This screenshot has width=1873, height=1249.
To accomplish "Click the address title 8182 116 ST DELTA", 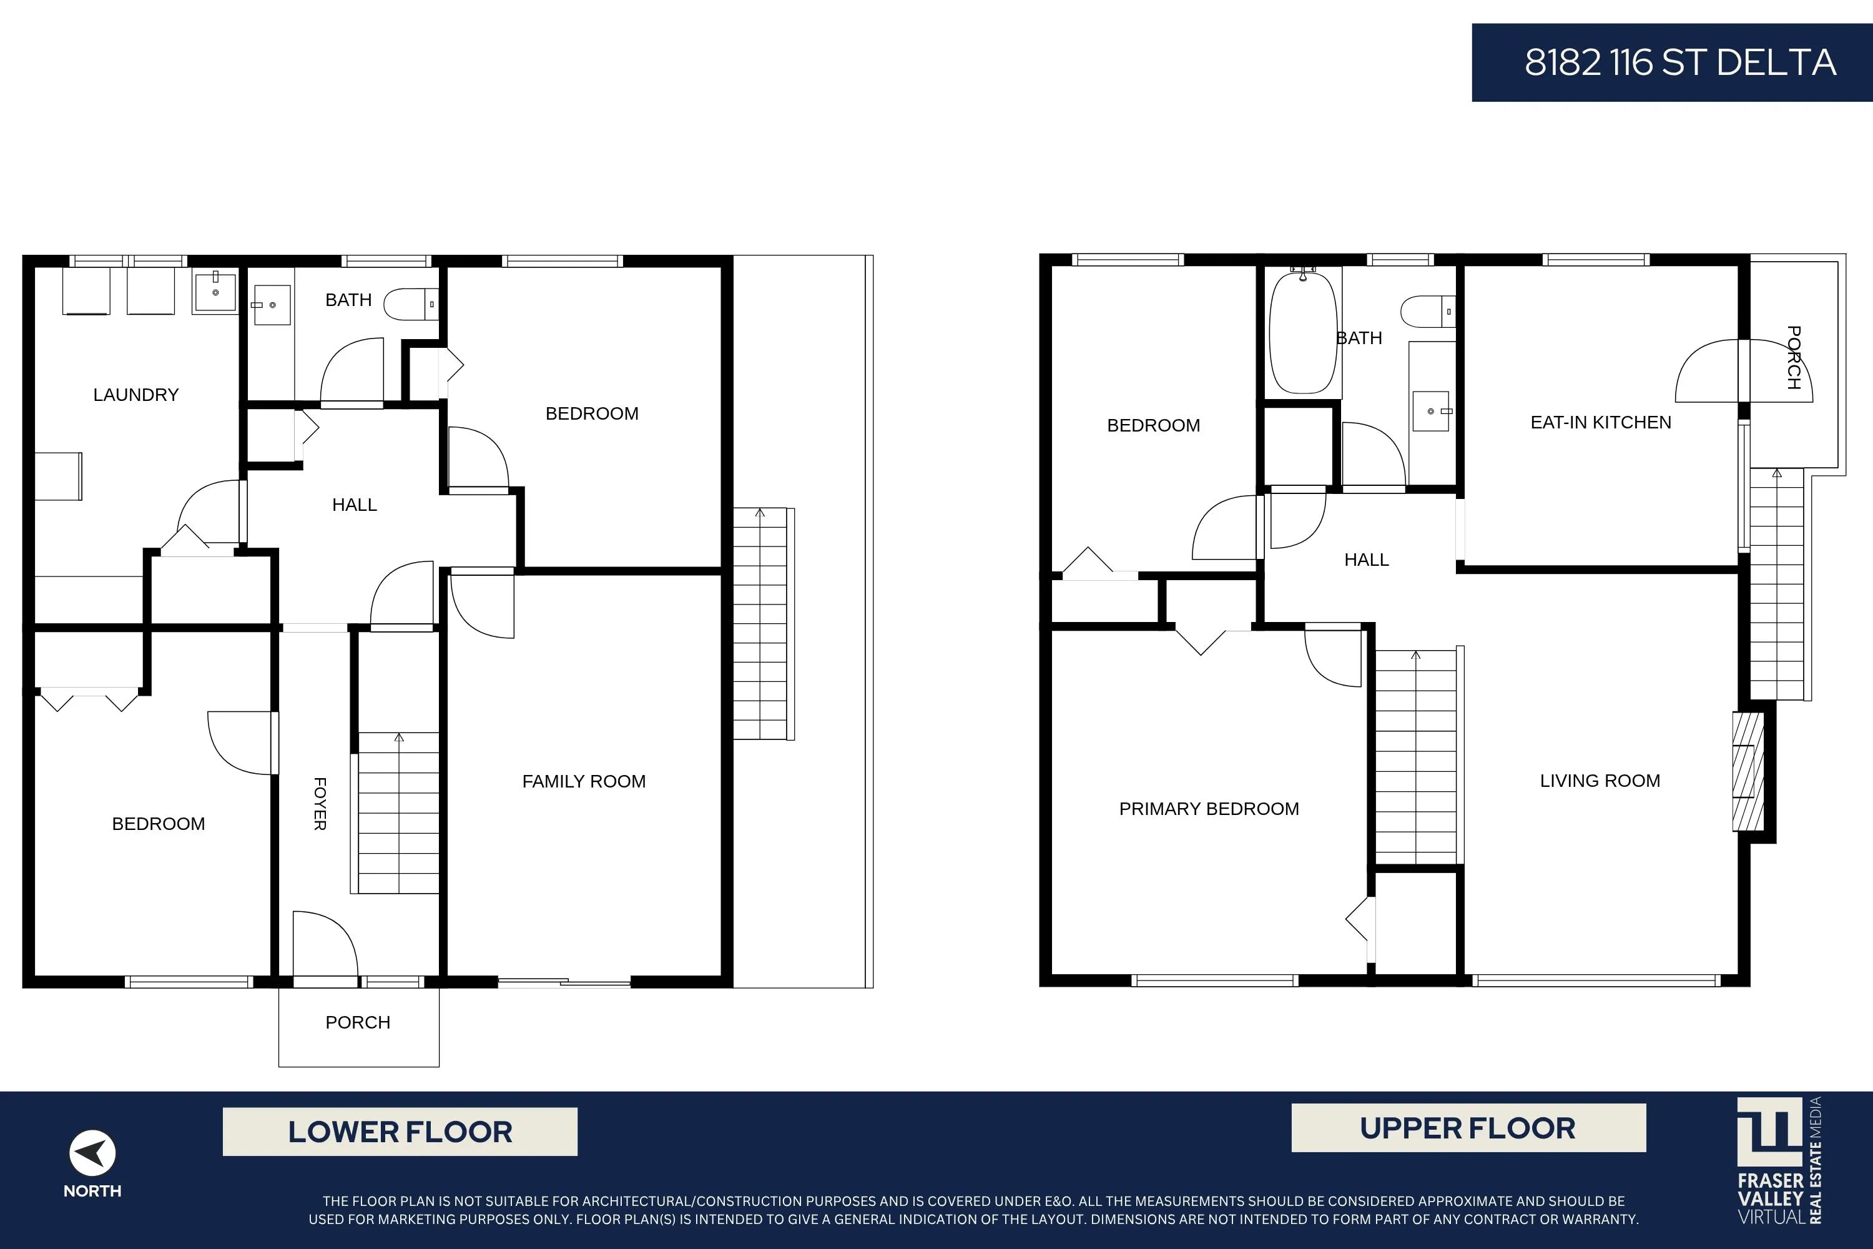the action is coord(1680,62).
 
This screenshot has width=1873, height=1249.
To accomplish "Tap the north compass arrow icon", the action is coord(92,1153).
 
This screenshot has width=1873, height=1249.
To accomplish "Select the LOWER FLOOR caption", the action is coord(400,1132).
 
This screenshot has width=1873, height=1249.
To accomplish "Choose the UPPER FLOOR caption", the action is coord(1468,1128).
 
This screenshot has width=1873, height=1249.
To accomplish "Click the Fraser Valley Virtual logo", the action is coord(1779,1160).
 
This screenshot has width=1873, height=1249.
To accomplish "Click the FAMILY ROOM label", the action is coord(584,781).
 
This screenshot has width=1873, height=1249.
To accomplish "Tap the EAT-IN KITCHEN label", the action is coord(1601,422).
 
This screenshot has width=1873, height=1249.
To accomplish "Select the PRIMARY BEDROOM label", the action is coord(1209,809).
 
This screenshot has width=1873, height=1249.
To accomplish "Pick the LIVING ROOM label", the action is coord(1600,781).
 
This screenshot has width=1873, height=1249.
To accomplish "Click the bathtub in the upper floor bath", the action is coord(1303,332).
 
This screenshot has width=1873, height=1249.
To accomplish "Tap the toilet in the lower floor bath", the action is coord(411,304).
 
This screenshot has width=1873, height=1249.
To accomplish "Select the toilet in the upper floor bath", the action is coord(1428,312).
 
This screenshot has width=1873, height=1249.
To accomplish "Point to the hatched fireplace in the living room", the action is coord(1748,771).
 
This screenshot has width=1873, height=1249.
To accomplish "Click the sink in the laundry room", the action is coord(215,292).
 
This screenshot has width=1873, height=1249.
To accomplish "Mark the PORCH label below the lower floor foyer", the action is coord(358,1022).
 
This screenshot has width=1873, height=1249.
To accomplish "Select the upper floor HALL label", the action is coord(1367,560).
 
